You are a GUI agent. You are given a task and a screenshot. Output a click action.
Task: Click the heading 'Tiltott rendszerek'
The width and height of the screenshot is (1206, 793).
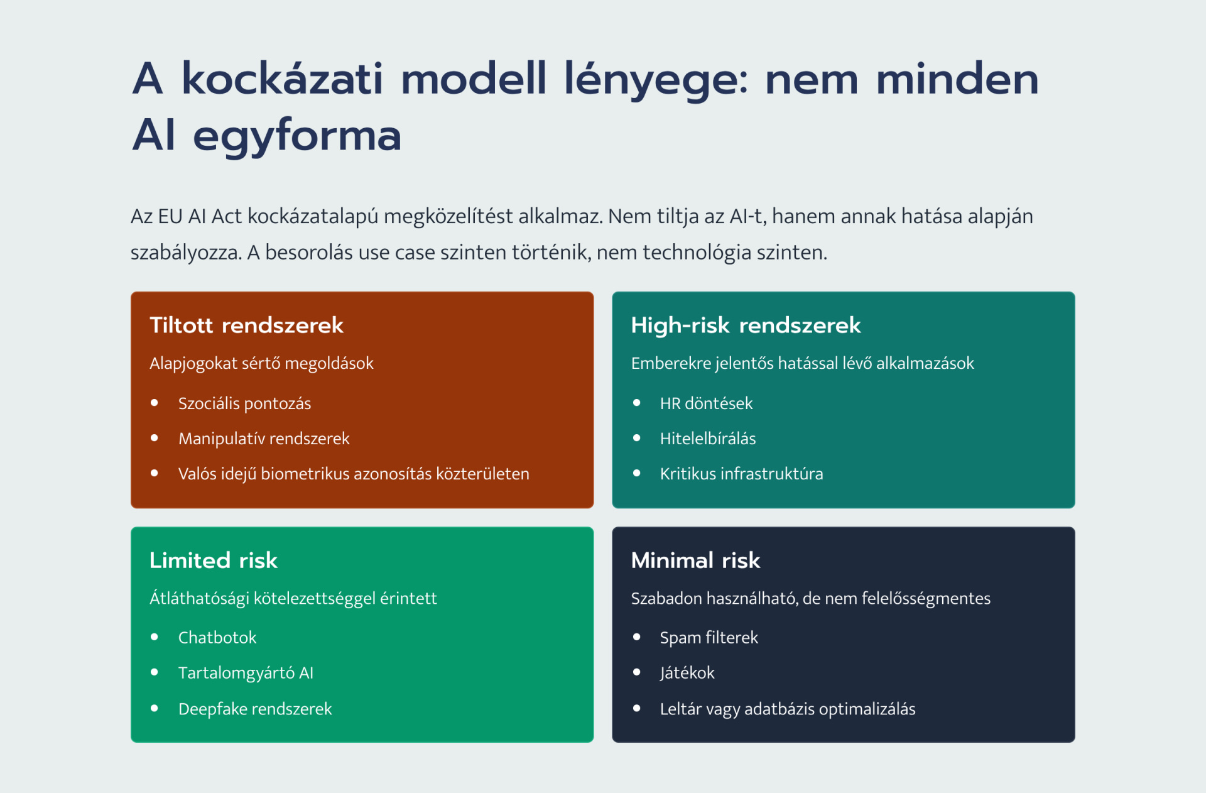coord(246,325)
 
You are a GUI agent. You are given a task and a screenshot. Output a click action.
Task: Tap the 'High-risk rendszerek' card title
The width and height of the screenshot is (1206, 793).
coord(746,325)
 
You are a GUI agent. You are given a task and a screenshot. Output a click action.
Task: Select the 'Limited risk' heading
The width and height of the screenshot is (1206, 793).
coord(214,560)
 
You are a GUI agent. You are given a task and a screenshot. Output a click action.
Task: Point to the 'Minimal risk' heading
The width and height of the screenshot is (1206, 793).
coord(695,560)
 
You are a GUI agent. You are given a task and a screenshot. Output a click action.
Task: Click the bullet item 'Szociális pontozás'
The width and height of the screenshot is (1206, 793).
coord(245,403)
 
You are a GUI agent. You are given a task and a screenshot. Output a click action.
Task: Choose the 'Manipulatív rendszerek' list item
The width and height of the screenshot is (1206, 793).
coord(264,439)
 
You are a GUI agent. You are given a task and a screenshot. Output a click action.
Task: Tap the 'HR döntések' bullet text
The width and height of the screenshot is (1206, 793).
coord(706,403)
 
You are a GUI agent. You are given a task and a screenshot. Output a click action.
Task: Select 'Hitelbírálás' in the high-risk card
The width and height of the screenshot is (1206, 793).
coord(708,439)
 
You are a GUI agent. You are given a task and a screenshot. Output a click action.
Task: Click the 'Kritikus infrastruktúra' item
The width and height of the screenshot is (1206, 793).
coord(741,474)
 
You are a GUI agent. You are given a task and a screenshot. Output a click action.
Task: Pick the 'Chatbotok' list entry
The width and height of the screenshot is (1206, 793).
coord(217,638)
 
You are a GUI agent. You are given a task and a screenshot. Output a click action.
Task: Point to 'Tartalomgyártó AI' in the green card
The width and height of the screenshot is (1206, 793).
coord(246,673)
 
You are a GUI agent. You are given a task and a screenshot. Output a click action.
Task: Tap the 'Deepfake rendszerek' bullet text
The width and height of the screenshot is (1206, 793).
coord(255,709)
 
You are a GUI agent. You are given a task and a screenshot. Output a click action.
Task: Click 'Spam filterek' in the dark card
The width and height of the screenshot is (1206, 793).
coord(709,638)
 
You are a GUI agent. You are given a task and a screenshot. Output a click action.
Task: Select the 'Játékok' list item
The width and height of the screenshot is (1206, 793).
coord(687,673)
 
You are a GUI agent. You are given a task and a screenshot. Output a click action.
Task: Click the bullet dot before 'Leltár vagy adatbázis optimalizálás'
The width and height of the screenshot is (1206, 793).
coord(637,708)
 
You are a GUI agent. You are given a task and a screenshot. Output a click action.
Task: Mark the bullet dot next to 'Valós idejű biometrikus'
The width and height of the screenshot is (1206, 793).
coord(155,473)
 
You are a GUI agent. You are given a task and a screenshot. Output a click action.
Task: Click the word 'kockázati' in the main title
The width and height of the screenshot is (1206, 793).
coord(282,79)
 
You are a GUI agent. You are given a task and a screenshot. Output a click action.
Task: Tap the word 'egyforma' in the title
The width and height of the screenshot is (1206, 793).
coord(297,136)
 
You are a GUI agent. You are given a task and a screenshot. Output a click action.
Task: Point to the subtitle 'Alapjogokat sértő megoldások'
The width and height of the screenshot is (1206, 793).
coord(261,363)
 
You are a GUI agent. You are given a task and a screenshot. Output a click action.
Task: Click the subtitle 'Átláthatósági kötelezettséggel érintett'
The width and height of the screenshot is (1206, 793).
coord(293,598)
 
